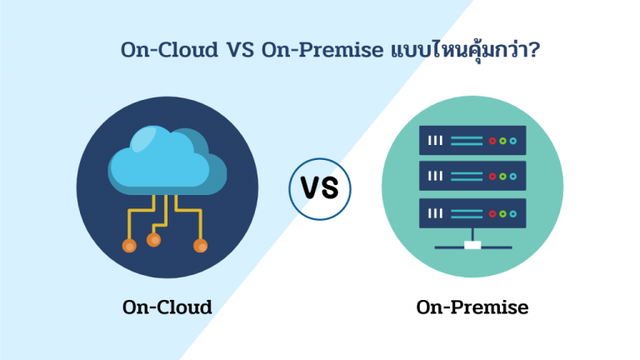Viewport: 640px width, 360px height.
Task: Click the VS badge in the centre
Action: click(x=320, y=188)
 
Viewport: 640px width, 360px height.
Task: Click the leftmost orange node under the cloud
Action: click(x=128, y=246)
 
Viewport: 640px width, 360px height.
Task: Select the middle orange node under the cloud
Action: click(x=153, y=240)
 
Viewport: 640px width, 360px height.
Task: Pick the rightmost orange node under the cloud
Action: click(x=200, y=246)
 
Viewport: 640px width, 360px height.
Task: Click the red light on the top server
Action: click(x=492, y=141)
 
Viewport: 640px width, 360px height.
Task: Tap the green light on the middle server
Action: click(x=502, y=176)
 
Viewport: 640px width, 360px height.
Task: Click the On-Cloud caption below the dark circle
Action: click(x=167, y=307)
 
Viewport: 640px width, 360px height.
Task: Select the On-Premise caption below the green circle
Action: click(x=472, y=307)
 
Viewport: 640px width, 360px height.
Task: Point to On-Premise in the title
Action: click(x=320, y=50)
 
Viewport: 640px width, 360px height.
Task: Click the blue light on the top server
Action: click(x=513, y=141)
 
